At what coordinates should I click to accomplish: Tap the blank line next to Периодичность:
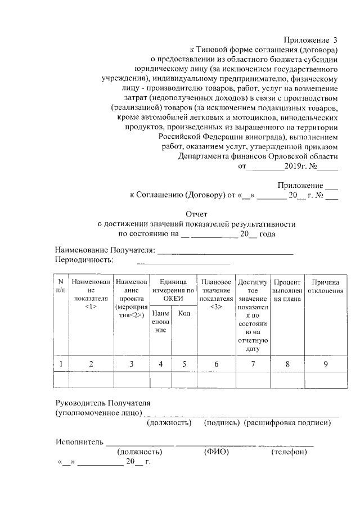183,260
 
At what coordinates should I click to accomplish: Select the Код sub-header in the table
183,313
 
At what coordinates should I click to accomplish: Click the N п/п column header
61,285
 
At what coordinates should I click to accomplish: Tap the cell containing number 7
253,364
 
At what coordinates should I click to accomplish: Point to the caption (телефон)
289,452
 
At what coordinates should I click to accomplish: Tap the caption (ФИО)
216,452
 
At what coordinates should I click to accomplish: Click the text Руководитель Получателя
103,403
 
